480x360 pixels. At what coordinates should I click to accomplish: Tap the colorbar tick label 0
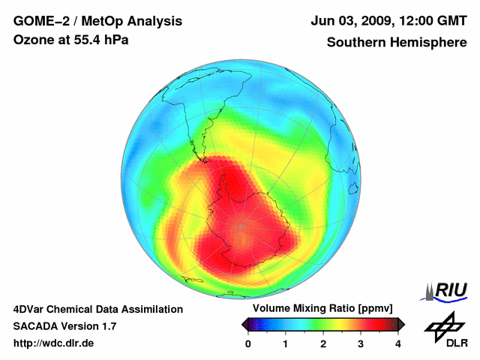[x=248, y=343]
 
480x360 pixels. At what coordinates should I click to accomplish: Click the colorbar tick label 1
[x=286, y=343]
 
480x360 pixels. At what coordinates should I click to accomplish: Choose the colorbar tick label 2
[x=323, y=343]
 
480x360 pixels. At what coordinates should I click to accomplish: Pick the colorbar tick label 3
[x=361, y=343]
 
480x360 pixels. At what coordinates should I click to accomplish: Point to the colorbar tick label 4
[x=398, y=343]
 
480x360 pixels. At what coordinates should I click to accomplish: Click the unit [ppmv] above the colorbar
[x=382, y=309]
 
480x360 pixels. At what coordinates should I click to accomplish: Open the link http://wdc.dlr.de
[x=54, y=343]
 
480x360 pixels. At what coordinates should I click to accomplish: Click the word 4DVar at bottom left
[x=29, y=309]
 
